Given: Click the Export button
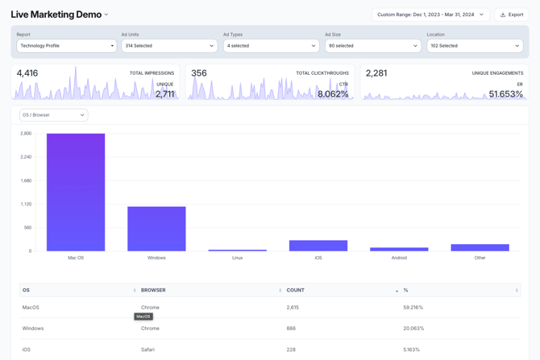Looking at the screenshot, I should click(512, 14).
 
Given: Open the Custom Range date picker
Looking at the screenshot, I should click(430, 14).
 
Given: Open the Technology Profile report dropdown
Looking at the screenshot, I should click(67, 46).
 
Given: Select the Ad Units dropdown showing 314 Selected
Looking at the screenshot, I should click(168, 46).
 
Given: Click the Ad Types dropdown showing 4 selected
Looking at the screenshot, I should click(270, 46).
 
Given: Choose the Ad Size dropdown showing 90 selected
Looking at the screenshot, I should click(372, 46).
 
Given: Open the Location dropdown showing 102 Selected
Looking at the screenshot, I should click(474, 46).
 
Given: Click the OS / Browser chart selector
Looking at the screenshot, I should click(53, 115).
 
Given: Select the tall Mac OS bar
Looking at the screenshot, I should click(76, 192).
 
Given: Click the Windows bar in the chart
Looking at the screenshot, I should click(156, 229).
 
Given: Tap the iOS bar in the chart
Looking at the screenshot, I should click(318, 246).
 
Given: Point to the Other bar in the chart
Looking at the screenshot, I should click(480, 247).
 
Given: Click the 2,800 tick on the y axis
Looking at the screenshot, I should click(27, 134).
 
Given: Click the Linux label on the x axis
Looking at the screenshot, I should click(237, 258).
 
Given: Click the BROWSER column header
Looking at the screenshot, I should click(153, 290).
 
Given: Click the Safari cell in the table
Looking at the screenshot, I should click(150, 350).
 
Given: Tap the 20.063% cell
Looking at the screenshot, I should click(413, 329).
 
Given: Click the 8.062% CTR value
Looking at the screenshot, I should click(333, 94).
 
